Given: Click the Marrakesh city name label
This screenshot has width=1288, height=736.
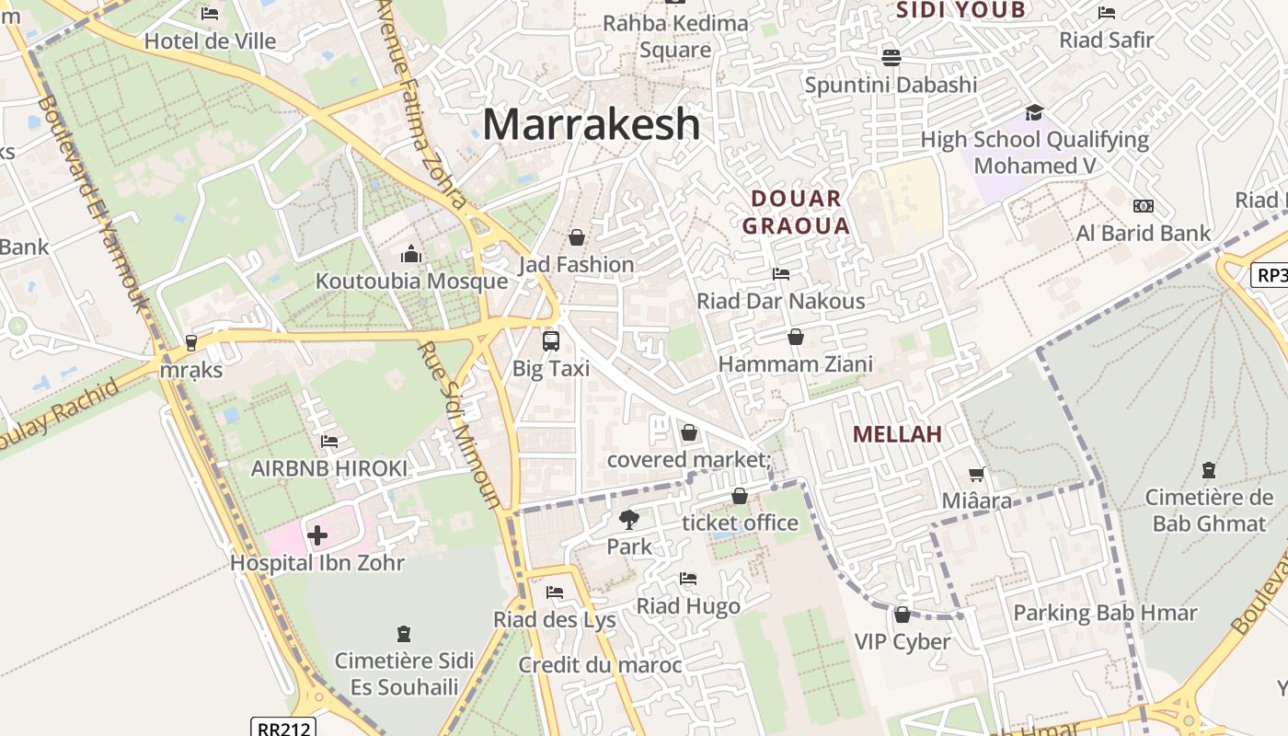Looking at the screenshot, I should (591, 124).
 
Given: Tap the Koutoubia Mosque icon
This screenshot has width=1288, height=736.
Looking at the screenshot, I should (411, 254).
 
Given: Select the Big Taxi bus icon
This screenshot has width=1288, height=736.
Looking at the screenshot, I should (550, 341).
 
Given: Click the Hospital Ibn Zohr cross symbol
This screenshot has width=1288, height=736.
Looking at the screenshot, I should (316, 535).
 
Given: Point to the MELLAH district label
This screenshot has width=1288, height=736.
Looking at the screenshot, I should (897, 434).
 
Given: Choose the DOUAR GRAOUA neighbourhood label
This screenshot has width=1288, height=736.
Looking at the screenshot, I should (796, 212).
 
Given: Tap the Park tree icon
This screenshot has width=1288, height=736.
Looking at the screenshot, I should (629, 520).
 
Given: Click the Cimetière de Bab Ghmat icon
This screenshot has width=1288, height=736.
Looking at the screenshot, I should (1209, 470).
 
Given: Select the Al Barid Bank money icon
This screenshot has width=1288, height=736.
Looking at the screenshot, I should (1144, 206).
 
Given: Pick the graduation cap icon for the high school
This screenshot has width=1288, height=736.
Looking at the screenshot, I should (1034, 112).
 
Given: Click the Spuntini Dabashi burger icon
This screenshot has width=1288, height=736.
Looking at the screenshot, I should (890, 57).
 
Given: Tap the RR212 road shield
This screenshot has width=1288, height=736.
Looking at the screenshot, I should (282, 728).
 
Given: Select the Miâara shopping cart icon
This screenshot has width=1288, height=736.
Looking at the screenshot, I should (976, 475).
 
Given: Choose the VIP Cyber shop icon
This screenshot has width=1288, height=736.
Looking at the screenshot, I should (902, 615).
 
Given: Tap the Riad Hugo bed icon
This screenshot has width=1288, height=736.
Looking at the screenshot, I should (687, 579).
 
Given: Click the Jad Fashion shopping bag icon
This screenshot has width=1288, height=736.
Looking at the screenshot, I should (576, 237).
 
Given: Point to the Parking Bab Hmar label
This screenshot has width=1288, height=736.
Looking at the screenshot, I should (1104, 613).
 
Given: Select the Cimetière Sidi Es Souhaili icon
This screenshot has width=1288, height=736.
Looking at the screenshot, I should (403, 634).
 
